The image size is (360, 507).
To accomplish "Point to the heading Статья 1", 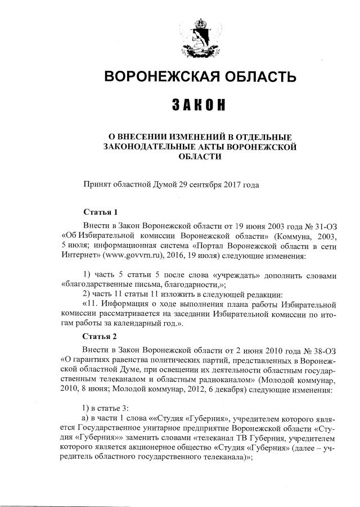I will click(x=101, y=212).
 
